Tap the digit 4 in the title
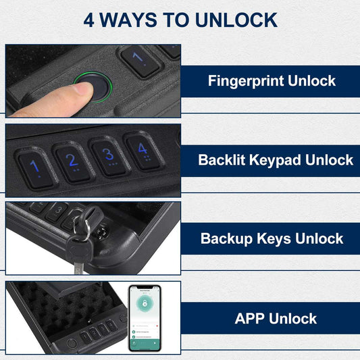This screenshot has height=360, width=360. (90, 20)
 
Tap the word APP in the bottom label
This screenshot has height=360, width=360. (250, 318)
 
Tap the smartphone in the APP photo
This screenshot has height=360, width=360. (145, 317)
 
